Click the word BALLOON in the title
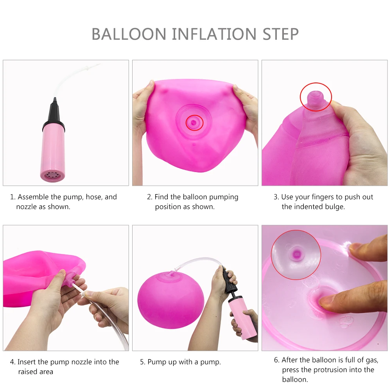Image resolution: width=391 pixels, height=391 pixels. point(129,34)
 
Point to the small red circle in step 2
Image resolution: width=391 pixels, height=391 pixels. point(194,122)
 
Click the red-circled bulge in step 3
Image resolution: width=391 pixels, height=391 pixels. point(316,96)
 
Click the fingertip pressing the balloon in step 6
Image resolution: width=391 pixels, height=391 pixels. point(326,300)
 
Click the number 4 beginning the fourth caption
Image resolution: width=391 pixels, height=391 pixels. point(12,362)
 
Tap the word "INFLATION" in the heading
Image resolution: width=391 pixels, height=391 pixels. point(214,34)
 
